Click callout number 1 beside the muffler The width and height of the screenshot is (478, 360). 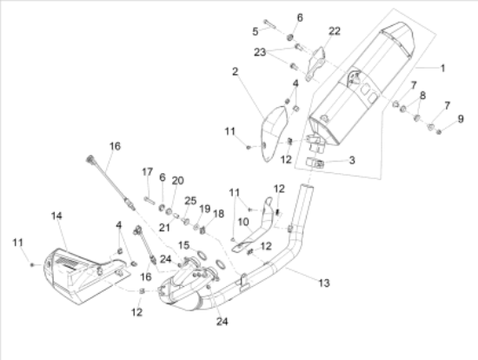[443, 68]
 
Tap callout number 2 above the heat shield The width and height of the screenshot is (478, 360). [235, 71]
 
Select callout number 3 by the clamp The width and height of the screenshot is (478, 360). [352, 160]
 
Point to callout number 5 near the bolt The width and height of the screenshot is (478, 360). [256, 31]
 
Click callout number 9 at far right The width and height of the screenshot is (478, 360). [461, 118]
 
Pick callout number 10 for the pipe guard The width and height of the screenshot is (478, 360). [243, 222]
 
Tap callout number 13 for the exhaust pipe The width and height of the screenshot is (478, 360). [324, 283]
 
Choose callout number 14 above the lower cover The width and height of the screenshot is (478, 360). [56, 216]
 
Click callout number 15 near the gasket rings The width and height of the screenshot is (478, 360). [183, 245]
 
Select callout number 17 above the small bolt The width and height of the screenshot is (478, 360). [147, 172]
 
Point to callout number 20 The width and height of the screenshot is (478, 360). [177, 181]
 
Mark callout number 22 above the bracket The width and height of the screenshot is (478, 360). [335, 31]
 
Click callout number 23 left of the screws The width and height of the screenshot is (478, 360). [260, 52]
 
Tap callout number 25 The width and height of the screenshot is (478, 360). [190, 201]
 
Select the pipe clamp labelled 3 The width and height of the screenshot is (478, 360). [315, 163]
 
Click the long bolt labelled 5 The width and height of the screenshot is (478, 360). [269, 23]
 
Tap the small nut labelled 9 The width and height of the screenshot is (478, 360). [439, 132]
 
